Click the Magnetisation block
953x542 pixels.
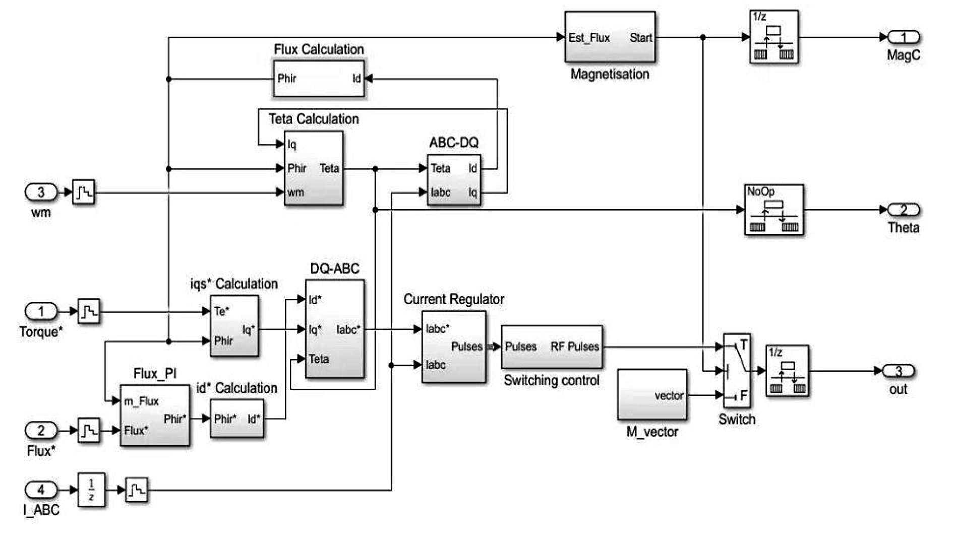pos(610,37)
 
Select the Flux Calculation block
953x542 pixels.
pos(319,78)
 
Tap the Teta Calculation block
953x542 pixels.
pos(313,168)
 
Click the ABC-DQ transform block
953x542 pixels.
pos(454,180)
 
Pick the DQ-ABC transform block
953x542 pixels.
pos(334,329)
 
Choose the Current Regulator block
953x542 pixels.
pos(454,347)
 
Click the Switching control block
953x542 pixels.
pos(552,347)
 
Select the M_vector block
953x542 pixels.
pos(652,395)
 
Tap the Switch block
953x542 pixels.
pos(737,371)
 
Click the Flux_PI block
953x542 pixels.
pos(155,415)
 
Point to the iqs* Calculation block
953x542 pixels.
pos(234,326)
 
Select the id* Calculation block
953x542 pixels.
pos(236,418)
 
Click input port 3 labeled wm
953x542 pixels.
pos(41,192)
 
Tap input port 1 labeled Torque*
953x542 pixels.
pos(41,311)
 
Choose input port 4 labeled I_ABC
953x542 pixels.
pos(41,490)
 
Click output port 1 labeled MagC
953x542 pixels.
pos(904,37)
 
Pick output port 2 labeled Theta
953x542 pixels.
pos(904,210)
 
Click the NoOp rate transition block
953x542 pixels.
pos(774,210)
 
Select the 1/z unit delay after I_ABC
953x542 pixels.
pos(91,490)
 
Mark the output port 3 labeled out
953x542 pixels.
pos(899,371)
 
